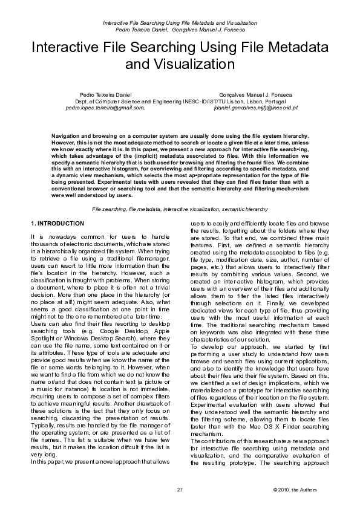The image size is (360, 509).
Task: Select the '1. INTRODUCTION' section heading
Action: pos(57,224)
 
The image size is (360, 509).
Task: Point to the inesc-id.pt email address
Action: pos(255,108)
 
